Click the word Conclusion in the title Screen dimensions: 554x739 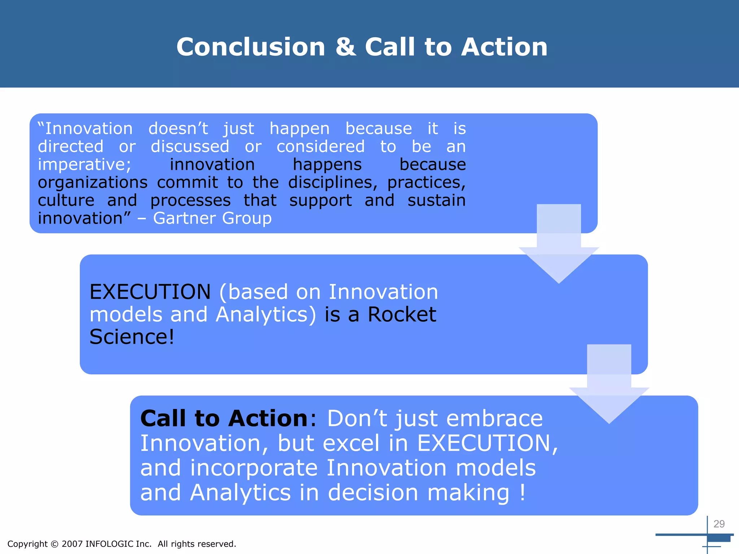tap(251, 47)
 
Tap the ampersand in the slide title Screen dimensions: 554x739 tap(345, 47)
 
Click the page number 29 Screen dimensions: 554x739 tap(719, 524)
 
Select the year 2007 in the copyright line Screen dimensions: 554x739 tap(72, 544)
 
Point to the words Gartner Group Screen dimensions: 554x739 tap(212, 218)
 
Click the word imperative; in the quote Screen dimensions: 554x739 tap(84, 165)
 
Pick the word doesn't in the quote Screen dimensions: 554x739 tap(178, 129)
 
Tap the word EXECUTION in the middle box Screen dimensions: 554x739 tap(150, 292)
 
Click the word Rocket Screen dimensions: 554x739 tap(402, 314)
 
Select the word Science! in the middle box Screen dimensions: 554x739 tap(132, 337)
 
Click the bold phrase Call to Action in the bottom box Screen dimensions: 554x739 tap(224, 418)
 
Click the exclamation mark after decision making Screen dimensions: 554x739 tap(522, 493)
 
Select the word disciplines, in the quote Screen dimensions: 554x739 tap(332, 183)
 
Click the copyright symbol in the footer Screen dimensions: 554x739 tap(54, 544)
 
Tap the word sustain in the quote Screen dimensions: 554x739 tap(437, 201)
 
